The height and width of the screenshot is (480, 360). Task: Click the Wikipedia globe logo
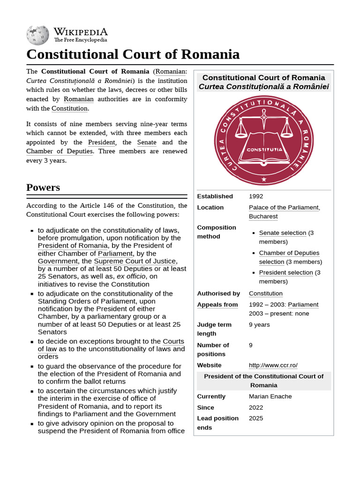point(37,35)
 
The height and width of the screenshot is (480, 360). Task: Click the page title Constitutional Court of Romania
point(133,54)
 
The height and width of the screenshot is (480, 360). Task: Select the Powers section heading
point(43,187)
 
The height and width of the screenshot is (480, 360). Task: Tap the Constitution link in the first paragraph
point(69,108)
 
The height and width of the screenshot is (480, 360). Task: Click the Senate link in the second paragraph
point(147,142)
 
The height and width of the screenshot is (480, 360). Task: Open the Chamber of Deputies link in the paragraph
point(59,151)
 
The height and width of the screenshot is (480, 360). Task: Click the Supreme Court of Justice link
point(135,261)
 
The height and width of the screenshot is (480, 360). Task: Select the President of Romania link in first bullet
point(73,246)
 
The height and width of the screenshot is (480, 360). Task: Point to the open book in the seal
point(264,149)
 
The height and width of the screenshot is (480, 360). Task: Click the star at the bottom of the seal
point(264,179)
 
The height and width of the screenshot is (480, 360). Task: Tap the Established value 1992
point(256,196)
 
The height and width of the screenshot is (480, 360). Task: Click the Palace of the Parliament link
point(283,208)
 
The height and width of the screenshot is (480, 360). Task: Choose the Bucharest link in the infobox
point(263,217)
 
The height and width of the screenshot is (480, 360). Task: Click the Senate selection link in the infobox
point(283,233)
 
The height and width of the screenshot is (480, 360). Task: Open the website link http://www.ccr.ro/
point(273,365)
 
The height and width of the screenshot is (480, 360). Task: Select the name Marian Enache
point(270,397)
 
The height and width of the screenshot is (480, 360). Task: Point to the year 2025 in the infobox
point(256,418)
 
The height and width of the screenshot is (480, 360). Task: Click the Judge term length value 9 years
point(259,324)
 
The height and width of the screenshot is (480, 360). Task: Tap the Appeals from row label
point(217,305)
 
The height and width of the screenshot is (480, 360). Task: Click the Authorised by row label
point(218,293)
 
